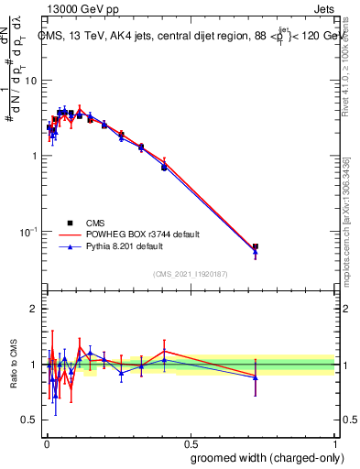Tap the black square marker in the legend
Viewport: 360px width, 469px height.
point(71,223)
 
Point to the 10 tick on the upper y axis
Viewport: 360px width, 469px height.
point(30,81)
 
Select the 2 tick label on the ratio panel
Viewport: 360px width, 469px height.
point(34,309)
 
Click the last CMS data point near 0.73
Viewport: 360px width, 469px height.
point(256,246)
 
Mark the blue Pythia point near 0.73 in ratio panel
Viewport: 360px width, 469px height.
point(256,376)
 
